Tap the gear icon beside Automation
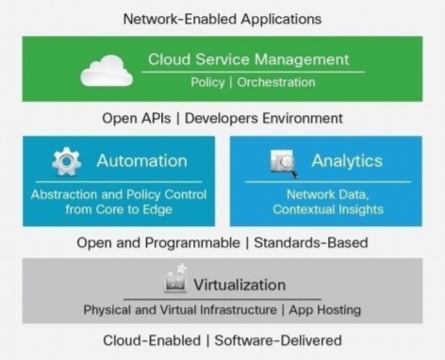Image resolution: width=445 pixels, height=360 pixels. [66, 161]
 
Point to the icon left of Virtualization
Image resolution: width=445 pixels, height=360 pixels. [175, 280]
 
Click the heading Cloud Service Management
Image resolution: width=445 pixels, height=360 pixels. [248, 59]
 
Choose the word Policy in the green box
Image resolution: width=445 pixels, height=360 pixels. [207, 82]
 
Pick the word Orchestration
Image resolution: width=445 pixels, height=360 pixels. [275, 82]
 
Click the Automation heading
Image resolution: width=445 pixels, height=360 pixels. [141, 160]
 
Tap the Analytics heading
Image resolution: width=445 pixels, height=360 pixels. [348, 160]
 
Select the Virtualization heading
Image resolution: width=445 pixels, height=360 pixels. [239, 285]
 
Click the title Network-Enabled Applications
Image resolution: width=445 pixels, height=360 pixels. [222, 18]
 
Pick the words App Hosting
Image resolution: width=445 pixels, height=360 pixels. [325, 309]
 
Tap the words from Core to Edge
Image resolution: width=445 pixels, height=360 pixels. [118, 209]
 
